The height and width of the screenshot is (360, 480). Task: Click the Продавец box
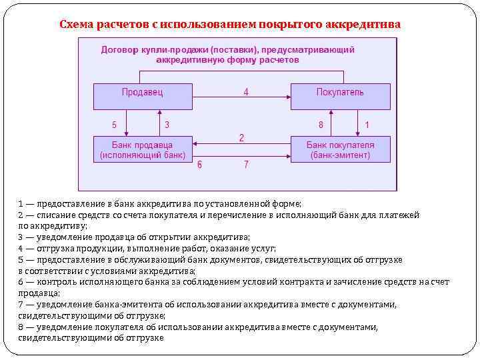pos(143,96)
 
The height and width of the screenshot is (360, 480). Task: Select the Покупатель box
pos(340,96)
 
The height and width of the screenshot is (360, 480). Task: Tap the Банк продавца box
pos(143,149)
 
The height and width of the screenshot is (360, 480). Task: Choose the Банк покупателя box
pos(340,149)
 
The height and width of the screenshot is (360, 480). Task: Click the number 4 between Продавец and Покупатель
pos(246,92)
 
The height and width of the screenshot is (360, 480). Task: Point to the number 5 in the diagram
pos(114,125)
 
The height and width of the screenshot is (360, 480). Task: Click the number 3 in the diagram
pos(167,125)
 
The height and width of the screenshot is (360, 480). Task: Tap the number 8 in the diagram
pos(321,125)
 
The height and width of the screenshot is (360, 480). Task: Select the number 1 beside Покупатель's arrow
pos(367,125)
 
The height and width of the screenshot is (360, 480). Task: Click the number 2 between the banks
pos(241,137)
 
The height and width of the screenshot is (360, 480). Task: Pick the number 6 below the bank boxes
pos(199,164)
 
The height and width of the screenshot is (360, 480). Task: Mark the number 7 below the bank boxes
pos(246,164)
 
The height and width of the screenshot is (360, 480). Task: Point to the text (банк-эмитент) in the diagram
pos(340,155)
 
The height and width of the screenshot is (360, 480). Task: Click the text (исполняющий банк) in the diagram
pos(143,155)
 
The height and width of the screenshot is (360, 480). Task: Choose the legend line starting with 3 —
pos(134,237)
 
